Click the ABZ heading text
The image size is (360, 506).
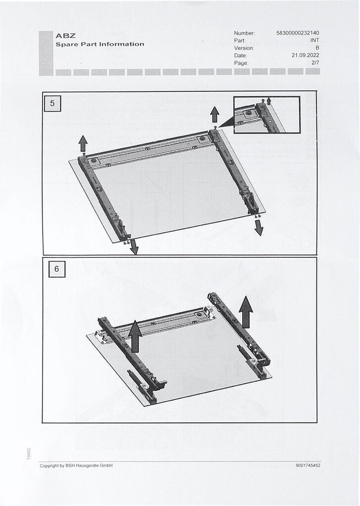point(66,36)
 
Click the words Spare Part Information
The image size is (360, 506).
point(100,44)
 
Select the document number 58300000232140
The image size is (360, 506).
point(298,33)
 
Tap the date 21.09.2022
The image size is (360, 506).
point(305,55)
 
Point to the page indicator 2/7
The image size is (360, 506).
point(315,63)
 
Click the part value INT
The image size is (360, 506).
point(315,41)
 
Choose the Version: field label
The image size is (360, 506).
point(244,48)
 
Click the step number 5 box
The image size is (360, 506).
point(52,104)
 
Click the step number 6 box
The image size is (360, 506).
point(57,269)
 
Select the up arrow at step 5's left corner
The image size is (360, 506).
point(83,144)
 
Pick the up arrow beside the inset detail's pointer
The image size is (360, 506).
point(215,115)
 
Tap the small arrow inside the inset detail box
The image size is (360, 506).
point(269,101)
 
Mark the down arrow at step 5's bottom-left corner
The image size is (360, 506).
point(134,247)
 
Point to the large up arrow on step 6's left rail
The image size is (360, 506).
point(135,336)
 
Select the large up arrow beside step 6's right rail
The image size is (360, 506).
point(246,312)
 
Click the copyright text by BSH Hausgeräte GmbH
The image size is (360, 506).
point(76,465)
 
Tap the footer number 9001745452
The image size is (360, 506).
point(308,465)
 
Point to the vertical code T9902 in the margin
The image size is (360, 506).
point(29,454)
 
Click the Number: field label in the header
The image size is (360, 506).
point(244,33)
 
